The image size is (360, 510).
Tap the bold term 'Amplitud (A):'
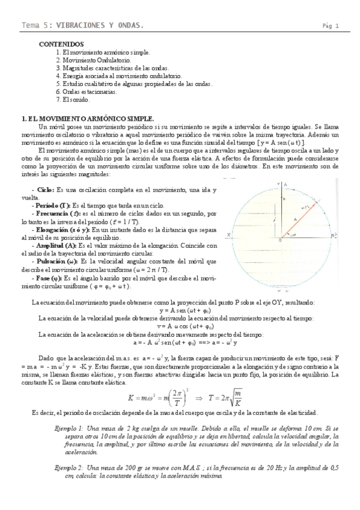(x=56, y=245)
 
